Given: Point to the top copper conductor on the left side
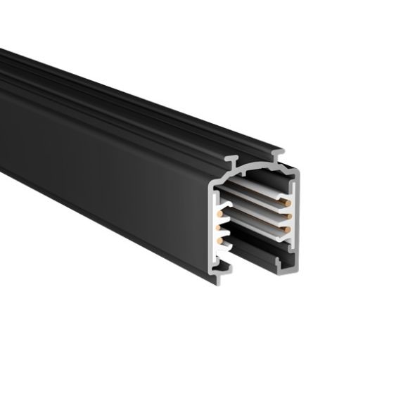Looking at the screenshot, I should tap(220, 212).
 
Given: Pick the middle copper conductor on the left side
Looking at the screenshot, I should tap(220, 226).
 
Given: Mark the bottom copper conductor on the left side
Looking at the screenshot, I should tap(220, 241).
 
